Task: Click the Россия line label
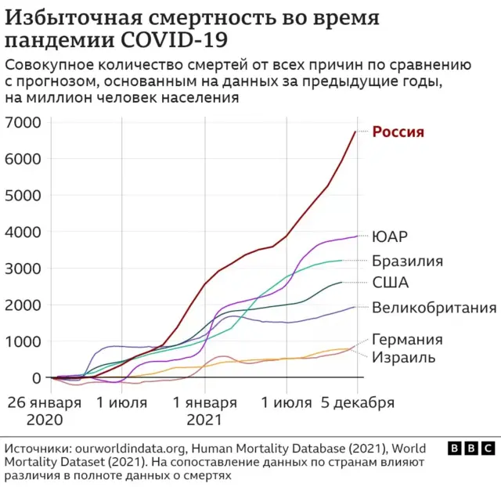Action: click(x=398, y=132)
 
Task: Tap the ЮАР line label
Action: click(x=390, y=236)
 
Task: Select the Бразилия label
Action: click(x=407, y=261)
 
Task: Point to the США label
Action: click(x=390, y=283)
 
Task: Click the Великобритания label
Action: click(x=434, y=307)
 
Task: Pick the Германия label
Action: click(x=407, y=339)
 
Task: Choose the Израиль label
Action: click(x=403, y=357)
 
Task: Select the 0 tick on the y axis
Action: click(x=35, y=378)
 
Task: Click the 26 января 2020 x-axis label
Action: click(x=45, y=411)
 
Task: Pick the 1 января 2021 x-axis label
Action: click(x=205, y=411)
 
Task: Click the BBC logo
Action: click(x=470, y=448)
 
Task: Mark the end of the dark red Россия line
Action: click(x=355, y=132)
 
